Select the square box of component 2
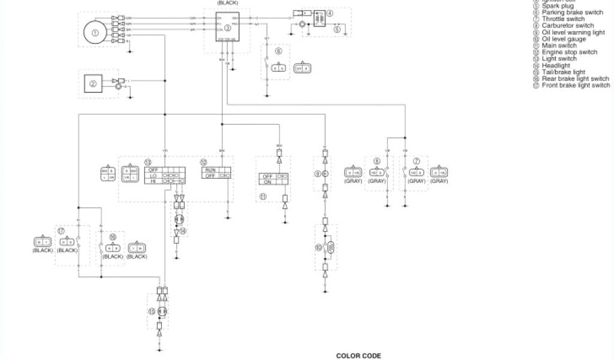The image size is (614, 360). [93, 85]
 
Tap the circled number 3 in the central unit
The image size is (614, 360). [227, 28]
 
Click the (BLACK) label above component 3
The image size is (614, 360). [227, 2]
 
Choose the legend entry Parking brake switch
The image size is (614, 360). [572, 13]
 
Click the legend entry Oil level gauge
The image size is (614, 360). [564, 39]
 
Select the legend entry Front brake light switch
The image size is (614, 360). [576, 85]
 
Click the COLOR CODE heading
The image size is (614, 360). [358, 356]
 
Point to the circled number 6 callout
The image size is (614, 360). [278, 52]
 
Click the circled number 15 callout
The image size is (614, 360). [151, 311]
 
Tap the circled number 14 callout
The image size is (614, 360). [183, 230]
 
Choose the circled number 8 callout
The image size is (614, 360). [377, 161]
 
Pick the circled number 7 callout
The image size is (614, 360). [416, 161]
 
